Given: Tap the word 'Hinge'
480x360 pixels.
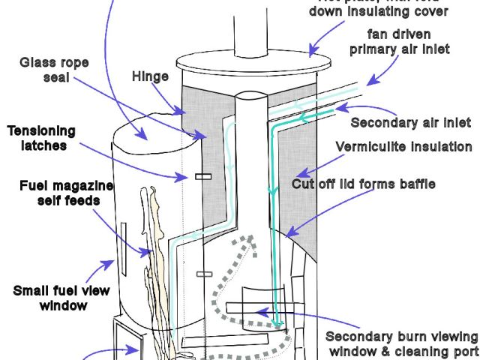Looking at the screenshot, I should (x=150, y=76).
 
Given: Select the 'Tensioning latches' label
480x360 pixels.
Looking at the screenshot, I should (x=37, y=138).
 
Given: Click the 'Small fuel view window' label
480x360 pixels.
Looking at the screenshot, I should (x=64, y=297).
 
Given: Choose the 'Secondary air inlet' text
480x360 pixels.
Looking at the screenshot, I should (x=410, y=122).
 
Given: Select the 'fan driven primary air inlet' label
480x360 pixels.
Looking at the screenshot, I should (x=400, y=41).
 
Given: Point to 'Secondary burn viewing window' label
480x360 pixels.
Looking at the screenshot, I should (x=402, y=343).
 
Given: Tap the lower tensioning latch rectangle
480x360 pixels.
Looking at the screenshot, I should (x=201, y=272).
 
